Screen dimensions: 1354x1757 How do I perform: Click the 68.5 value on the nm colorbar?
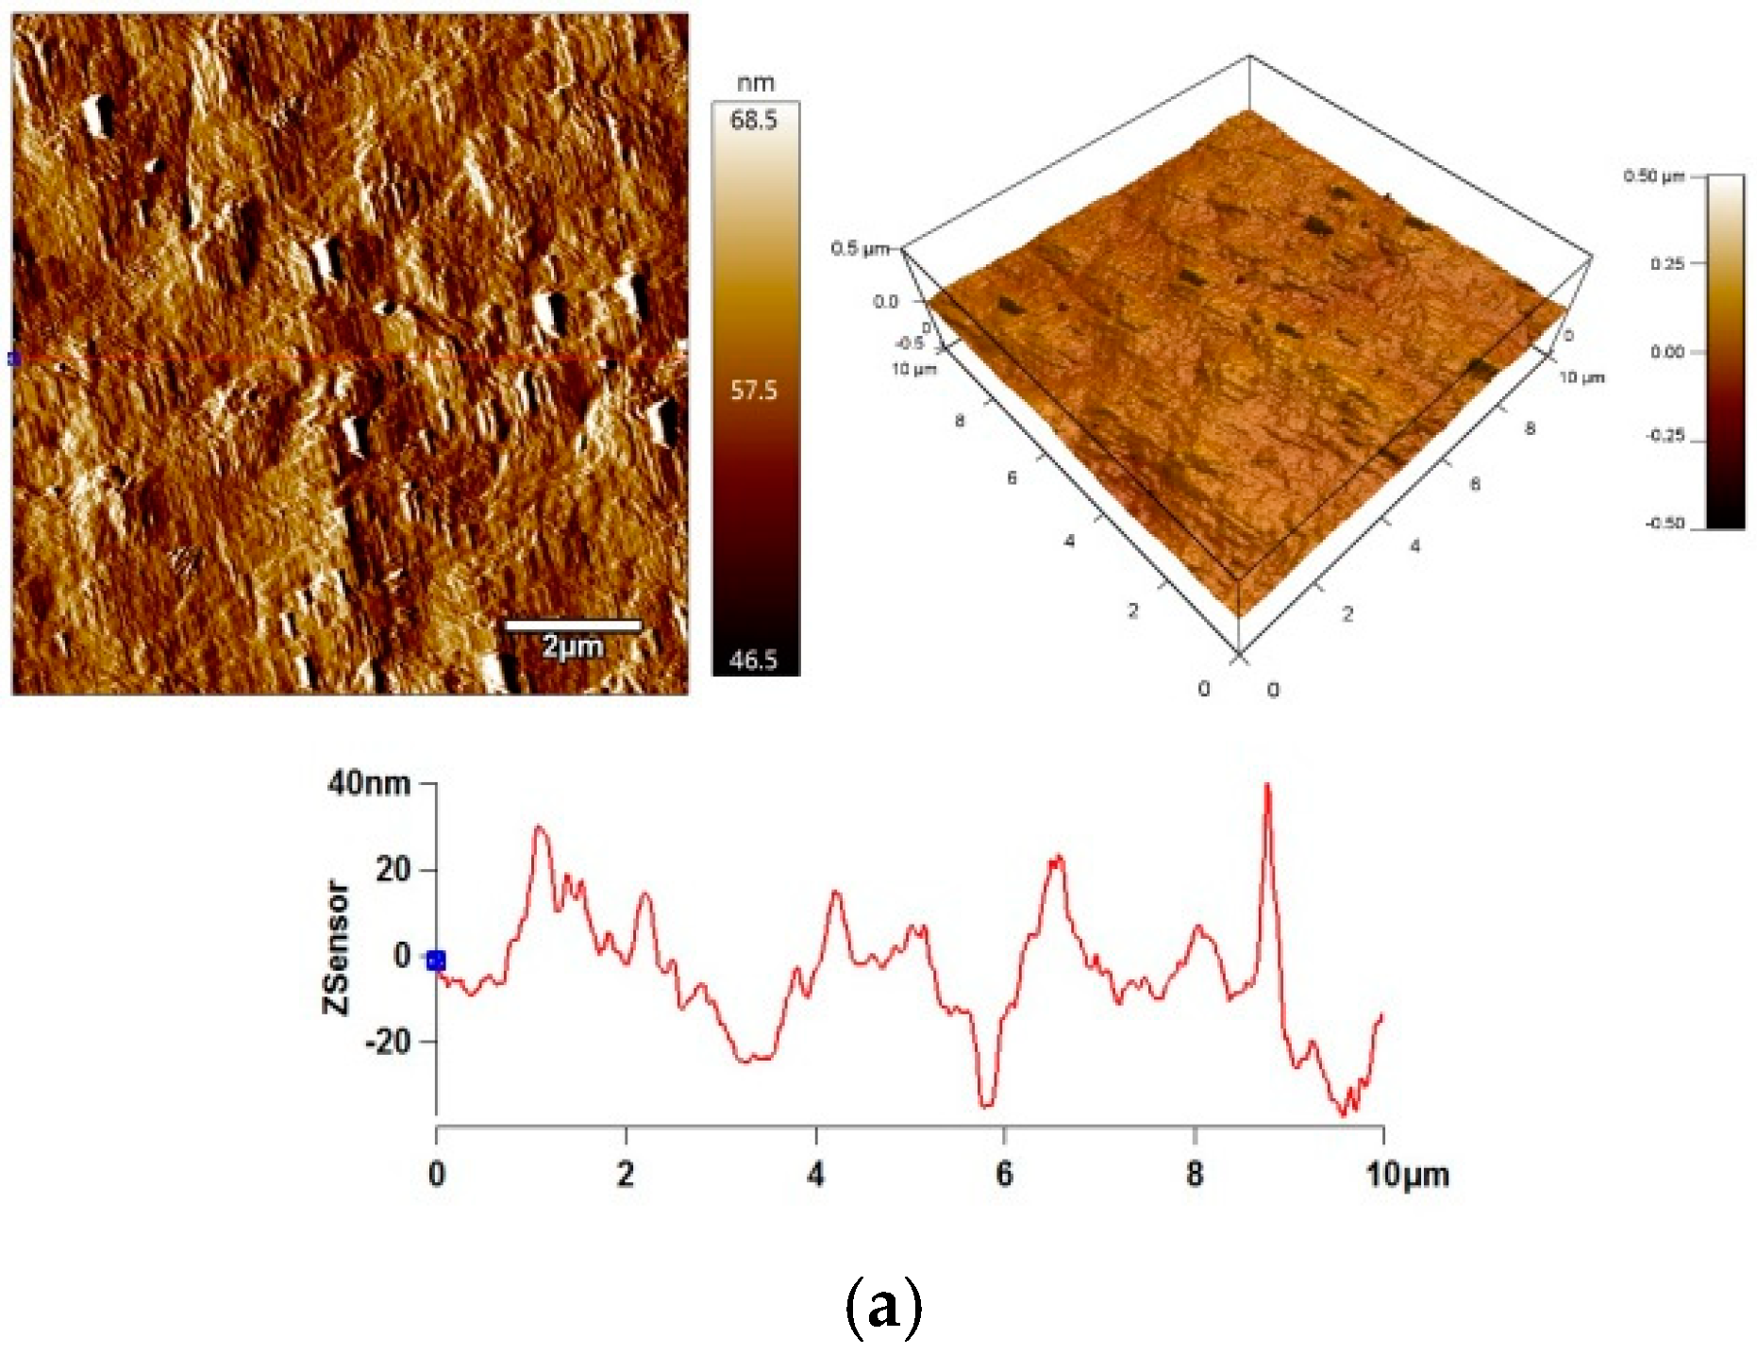click(x=753, y=121)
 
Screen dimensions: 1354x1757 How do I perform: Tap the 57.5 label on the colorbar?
click(x=753, y=390)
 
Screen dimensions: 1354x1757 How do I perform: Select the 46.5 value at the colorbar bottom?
click(x=753, y=660)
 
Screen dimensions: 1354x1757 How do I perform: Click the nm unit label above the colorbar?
click(x=755, y=83)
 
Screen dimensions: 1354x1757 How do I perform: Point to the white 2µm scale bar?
click(x=573, y=625)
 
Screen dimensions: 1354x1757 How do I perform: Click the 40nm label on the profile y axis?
click(x=369, y=783)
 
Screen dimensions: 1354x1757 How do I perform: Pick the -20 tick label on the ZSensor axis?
click(x=388, y=1042)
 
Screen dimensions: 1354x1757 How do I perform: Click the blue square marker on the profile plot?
click(x=435, y=961)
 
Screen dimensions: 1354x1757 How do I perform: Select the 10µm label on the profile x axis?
click(x=1407, y=1175)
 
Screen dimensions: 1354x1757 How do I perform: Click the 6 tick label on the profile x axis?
click(x=1004, y=1175)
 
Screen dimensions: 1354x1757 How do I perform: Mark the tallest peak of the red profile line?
click(x=1267, y=785)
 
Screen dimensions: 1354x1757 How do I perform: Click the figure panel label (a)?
click(x=882, y=1307)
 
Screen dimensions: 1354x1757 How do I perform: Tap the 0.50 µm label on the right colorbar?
click(x=1653, y=176)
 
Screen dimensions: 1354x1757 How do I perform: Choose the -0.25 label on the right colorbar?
click(x=1665, y=436)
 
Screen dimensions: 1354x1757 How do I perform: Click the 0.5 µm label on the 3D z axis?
click(x=860, y=248)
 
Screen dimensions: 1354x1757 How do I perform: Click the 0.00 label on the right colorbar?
click(x=1666, y=352)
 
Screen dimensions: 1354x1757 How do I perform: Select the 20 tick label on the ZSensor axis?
click(x=393, y=869)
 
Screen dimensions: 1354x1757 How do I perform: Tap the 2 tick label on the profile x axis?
click(x=626, y=1175)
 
